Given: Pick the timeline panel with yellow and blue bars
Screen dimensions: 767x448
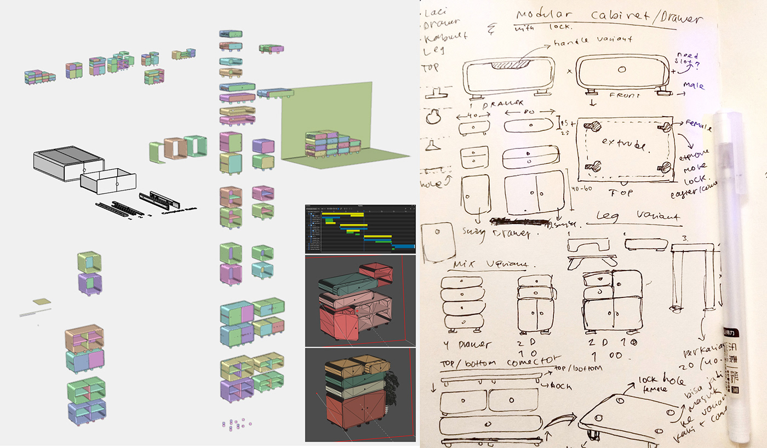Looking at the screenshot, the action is [x=360, y=229].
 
